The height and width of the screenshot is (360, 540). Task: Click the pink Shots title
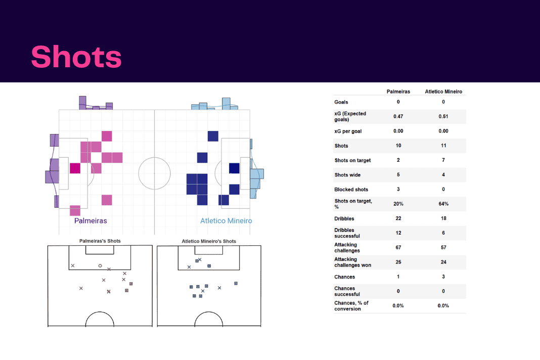click(x=76, y=57)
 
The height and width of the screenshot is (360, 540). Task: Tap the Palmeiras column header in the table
click(x=398, y=92)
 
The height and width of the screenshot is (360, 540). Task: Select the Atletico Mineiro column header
click(x=443, y=92)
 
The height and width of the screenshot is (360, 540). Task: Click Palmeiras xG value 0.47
click(x=398, y=116)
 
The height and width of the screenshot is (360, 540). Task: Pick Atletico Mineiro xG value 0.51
click(x=443, y=116)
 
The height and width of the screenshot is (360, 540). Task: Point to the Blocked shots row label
click(x=351, y=190)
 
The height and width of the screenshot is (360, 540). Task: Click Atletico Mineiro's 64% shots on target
click(x=443, y=204)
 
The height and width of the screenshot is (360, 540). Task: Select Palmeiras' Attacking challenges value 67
click(x=398, y=247)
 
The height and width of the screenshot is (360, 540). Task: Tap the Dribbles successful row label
click(x=347, y=233)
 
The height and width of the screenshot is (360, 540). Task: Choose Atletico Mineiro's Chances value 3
click(x=443, y=277)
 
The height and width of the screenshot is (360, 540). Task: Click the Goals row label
click(x=341, y=102)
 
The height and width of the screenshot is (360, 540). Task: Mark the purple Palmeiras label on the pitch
click(x=91, y=221)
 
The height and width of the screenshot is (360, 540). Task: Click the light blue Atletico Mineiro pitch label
click(x=226, y=221)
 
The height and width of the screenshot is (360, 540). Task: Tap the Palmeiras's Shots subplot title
click(x=100, y=241)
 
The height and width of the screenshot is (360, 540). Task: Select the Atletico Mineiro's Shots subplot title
click(x=209, y=241)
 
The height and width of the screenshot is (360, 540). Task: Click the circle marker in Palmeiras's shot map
click(x=100, y=265)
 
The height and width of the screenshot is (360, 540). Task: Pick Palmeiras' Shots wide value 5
click(x=398, y=174)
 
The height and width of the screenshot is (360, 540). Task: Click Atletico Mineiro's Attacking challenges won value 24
click(x=443, y=262)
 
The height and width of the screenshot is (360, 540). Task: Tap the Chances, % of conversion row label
click(x=351, y=306)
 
